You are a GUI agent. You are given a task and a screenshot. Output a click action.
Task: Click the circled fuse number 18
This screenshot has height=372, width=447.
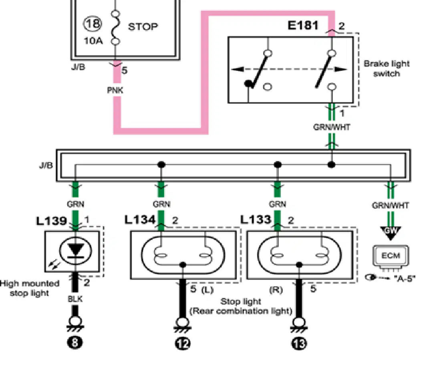93,23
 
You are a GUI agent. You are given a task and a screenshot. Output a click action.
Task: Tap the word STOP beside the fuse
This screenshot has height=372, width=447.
143,26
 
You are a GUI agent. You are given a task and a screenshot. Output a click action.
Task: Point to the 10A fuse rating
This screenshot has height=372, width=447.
93,40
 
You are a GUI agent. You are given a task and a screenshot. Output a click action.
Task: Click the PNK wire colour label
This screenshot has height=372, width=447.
115,90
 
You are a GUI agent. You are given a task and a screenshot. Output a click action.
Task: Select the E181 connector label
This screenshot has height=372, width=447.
303,25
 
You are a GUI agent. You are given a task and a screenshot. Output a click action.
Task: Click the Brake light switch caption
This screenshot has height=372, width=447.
387,68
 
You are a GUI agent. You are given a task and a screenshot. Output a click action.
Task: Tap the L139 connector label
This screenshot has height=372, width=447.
51,221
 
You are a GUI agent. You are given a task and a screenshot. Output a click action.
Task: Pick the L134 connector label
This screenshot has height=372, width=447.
140,220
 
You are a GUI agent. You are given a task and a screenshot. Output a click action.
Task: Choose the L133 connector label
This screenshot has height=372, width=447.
256,219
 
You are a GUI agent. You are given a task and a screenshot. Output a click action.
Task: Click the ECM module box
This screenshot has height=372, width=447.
391,256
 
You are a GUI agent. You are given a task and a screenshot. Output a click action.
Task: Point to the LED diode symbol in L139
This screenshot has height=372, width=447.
76,251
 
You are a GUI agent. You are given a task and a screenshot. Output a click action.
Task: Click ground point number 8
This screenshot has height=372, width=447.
74,342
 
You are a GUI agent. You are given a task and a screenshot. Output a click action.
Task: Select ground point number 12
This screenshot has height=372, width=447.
183,343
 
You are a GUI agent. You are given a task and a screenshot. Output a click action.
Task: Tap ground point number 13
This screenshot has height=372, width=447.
299,344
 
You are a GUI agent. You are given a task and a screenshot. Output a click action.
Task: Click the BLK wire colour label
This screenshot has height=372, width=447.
75,299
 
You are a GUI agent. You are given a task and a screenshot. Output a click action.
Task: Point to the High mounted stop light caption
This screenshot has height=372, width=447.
30,288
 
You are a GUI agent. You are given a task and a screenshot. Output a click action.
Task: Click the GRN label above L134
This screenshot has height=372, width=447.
161,204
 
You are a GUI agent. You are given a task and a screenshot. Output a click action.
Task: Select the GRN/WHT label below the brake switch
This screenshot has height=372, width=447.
332,127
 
